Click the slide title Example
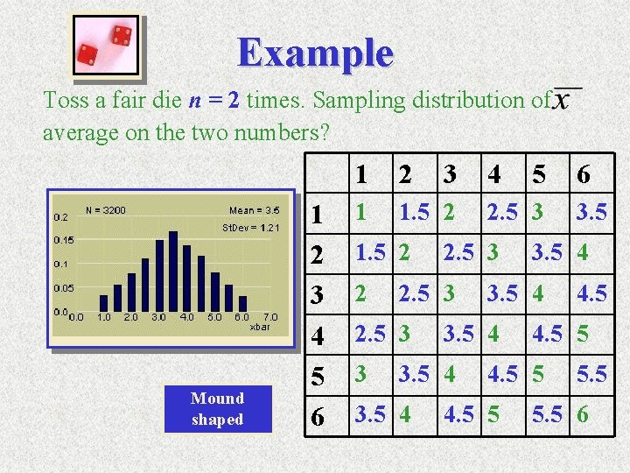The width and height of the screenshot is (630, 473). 315,53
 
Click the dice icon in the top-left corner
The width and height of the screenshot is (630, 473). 105,46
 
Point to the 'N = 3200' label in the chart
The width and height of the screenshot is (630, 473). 105,210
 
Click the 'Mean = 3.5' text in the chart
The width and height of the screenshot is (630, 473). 254,210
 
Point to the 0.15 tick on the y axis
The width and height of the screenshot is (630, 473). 64,239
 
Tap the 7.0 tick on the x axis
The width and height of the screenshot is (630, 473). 269,317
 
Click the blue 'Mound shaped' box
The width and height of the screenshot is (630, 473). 217,408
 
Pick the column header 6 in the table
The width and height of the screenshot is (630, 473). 584,175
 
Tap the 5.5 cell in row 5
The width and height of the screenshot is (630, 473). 593,375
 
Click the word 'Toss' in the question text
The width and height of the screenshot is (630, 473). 65,101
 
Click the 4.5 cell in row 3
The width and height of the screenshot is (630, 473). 593,293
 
